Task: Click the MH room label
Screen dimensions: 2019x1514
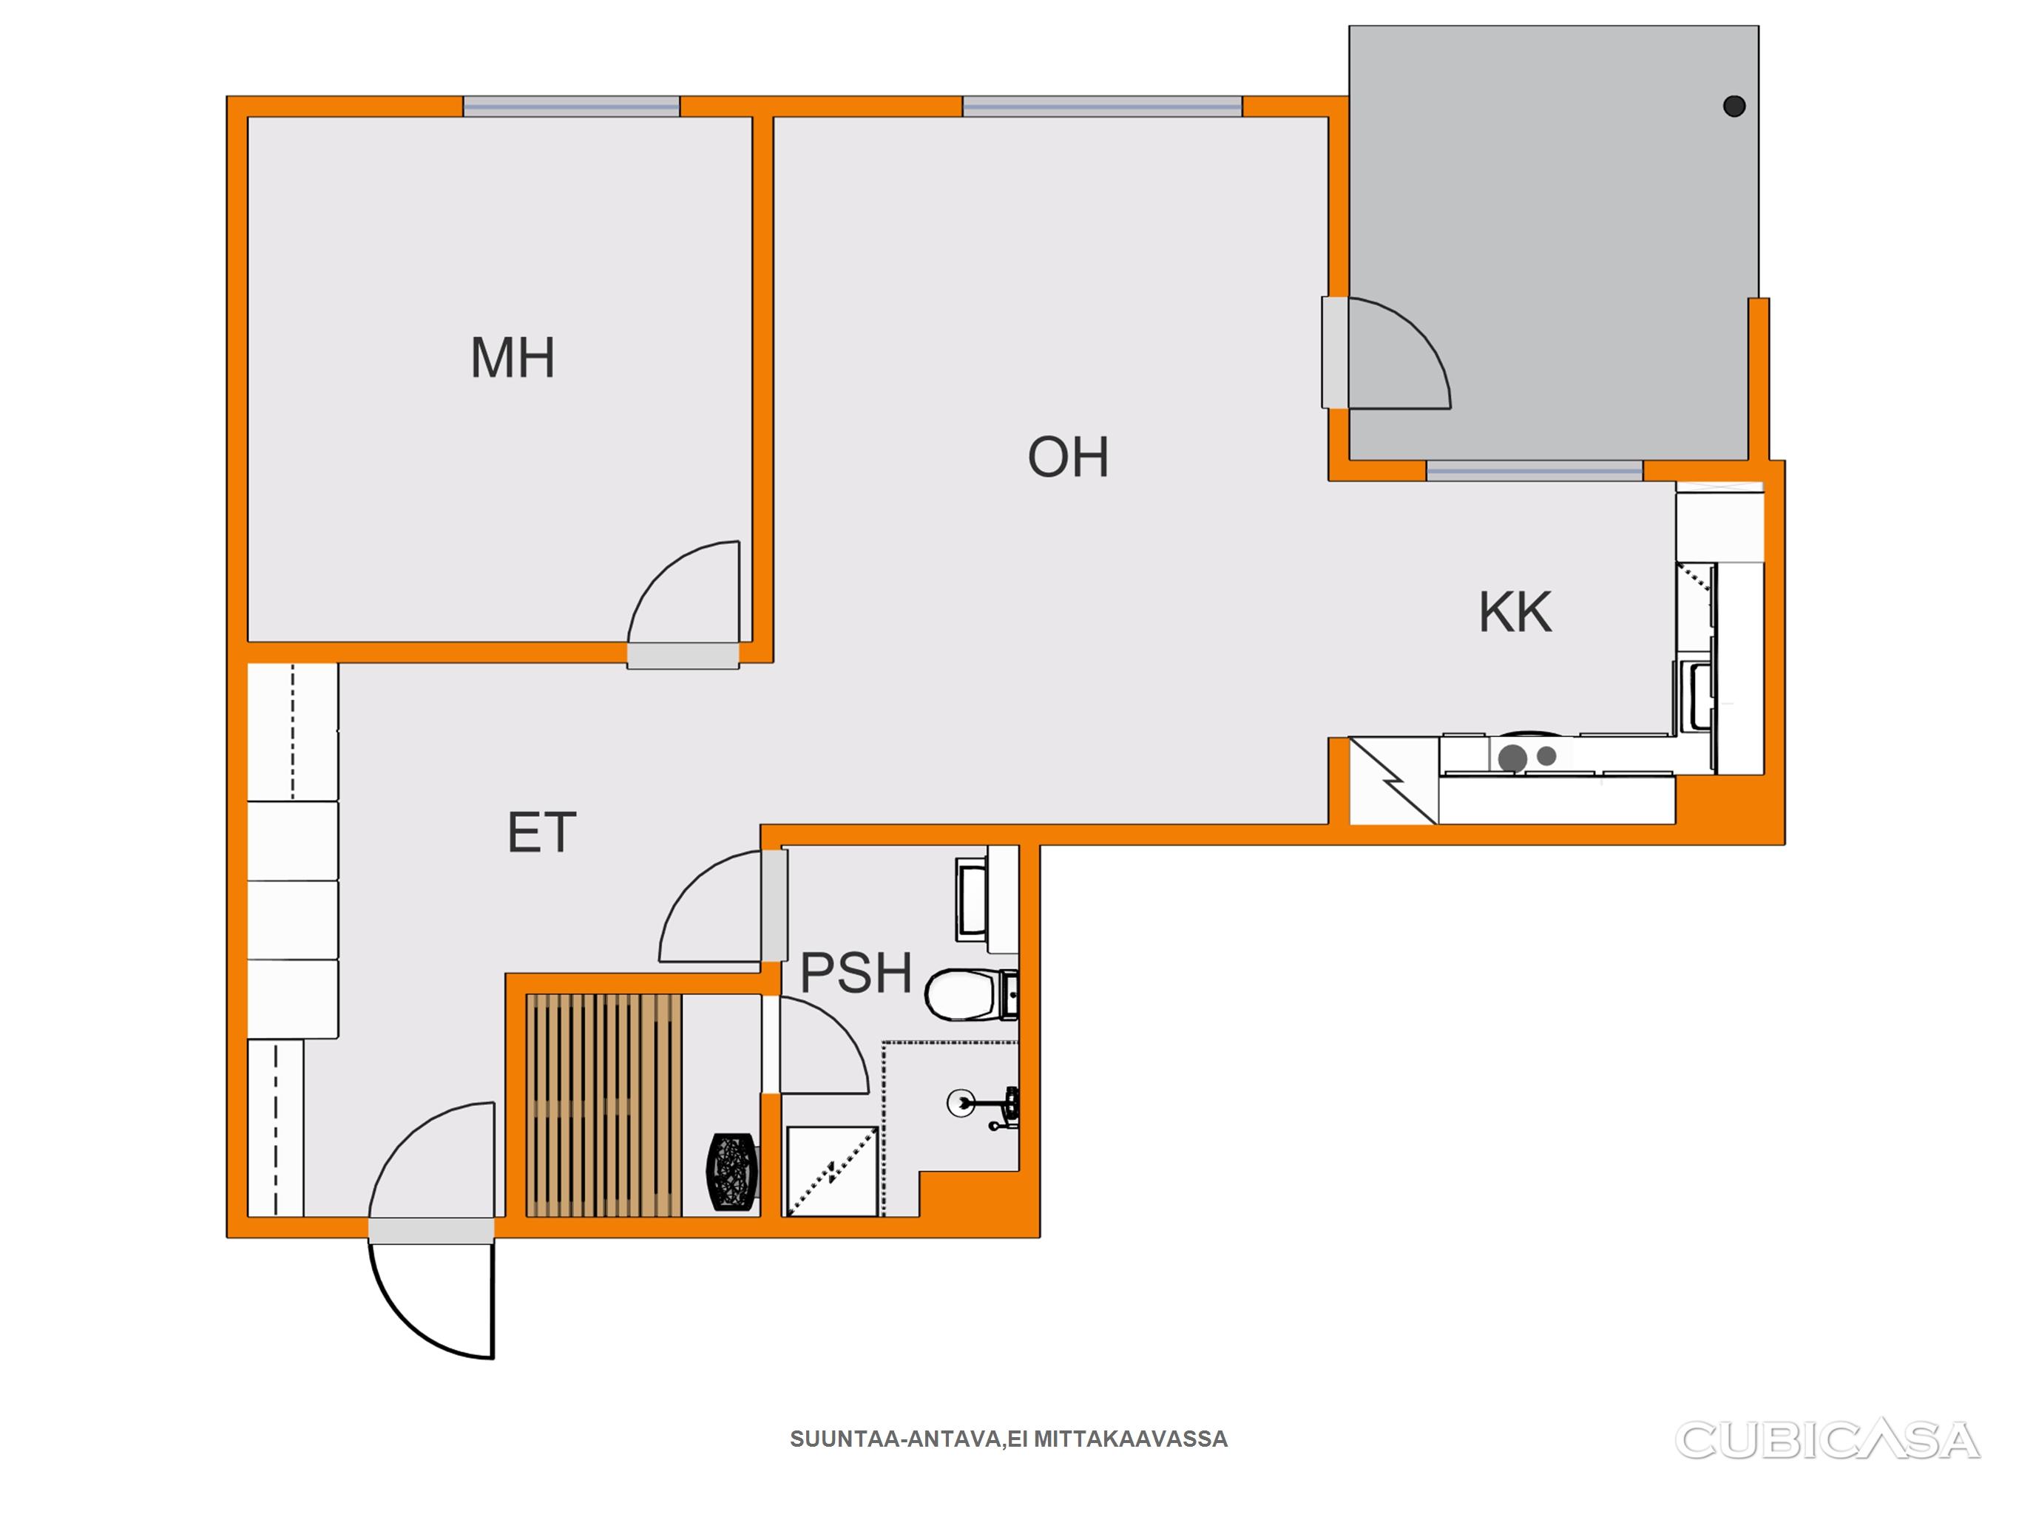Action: [x=512, y=357]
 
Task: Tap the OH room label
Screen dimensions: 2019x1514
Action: [x=1068, y=457]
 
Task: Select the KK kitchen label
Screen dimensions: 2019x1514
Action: [x=1515, y=611]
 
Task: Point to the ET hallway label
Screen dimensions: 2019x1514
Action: [x=541, y=832]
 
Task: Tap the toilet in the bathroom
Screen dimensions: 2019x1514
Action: [x=971, y=995]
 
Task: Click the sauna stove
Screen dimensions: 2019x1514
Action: [x=732, y=1172]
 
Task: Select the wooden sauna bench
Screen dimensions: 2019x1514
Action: [x=603, y=1105]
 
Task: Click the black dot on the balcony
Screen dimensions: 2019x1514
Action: [x=1734, y=106]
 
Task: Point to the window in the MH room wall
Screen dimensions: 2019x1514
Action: [x=572, y=106]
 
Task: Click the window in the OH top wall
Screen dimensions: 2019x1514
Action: [x=1102, y=106]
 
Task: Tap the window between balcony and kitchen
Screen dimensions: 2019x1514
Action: [x=1535, y=471]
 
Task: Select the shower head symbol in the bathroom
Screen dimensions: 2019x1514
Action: [x=985, y=1105]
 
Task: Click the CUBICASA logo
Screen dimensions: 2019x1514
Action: [x=1827, y=1439]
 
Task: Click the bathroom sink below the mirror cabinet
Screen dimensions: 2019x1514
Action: [x=971, y=899]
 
